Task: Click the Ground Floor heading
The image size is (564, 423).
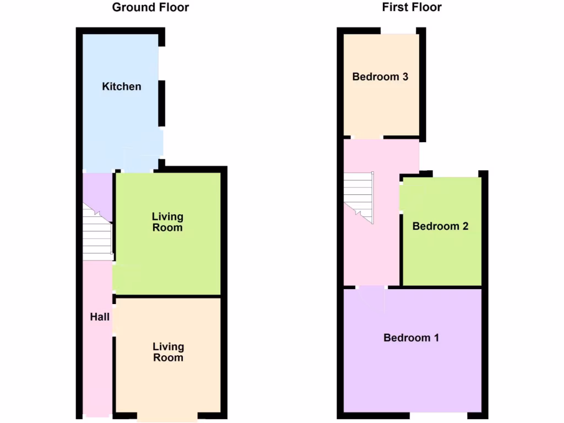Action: (150, 8)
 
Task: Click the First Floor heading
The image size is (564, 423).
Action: (412, 8)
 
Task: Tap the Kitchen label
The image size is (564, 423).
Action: (122, 86)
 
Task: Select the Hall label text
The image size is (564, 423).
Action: (100, 317)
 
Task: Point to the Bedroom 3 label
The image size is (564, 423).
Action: (380, 77)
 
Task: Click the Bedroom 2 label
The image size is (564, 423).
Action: (440, 226)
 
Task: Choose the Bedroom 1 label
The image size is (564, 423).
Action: (411, 338)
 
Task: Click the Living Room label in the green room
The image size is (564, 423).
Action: (167, 222)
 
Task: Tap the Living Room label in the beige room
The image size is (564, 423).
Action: (168, 352)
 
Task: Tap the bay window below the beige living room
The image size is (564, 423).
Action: (167, 417)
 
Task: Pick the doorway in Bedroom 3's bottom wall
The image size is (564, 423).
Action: (367, 137)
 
